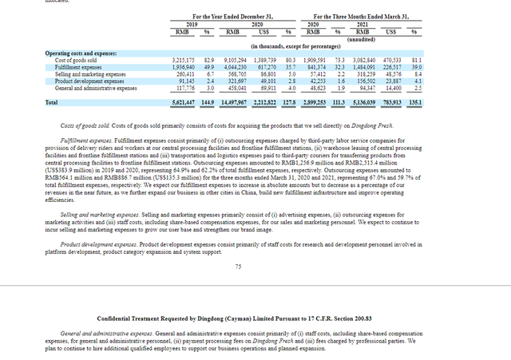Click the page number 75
[238, 267]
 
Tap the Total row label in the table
[51, 103]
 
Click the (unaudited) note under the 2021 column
[366, 38]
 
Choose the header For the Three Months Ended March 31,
[361, 16]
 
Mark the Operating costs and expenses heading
[81, 53]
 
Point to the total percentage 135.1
[414, 103]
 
